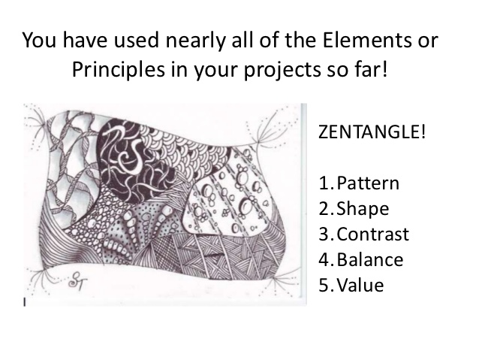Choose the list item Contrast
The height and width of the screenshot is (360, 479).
tap(373, 234)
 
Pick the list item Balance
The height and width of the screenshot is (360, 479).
tap(370, 260)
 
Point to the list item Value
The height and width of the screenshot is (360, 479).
tap(360, 286)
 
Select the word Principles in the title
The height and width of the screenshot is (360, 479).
tap(112, 69)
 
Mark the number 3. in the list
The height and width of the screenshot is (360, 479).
tap(325, 234)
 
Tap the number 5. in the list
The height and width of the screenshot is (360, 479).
tap(325, 286)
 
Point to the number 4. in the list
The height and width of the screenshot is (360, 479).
tap(325, 260)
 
